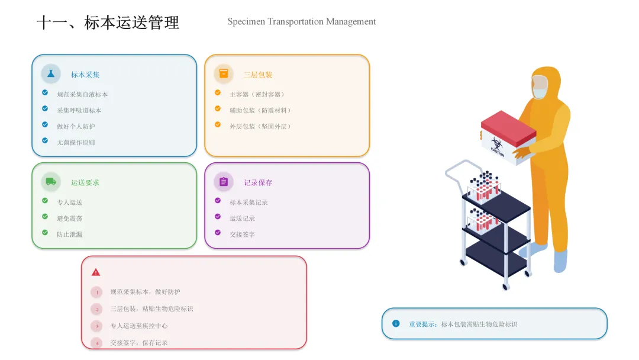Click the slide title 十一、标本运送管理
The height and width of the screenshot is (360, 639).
[108, 23]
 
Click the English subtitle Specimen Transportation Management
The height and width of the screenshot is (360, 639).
[302, 22]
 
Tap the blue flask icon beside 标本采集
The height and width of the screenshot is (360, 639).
[51, 73]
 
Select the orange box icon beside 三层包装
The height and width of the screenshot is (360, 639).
[224, 73]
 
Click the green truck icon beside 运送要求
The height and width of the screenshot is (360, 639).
[51, 182]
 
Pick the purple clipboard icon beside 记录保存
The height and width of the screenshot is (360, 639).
[224, 182]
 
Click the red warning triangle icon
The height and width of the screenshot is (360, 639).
[96, 272]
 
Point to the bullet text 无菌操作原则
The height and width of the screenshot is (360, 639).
[76, 143]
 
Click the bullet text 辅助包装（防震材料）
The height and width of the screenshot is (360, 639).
[260, 111]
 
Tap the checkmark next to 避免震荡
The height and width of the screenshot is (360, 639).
[45, 217]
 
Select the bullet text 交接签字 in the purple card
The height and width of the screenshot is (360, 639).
[243, 234]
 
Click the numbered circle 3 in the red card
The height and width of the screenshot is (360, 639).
[97, 326]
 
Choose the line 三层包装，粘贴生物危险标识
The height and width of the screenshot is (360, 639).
[151, 309]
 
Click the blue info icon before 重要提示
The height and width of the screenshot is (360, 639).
[396, 323]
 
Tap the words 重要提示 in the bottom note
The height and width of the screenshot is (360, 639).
[422, 324]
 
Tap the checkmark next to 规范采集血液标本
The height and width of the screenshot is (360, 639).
[45, 93]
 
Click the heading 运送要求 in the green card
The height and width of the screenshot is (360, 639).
[85, 183]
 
